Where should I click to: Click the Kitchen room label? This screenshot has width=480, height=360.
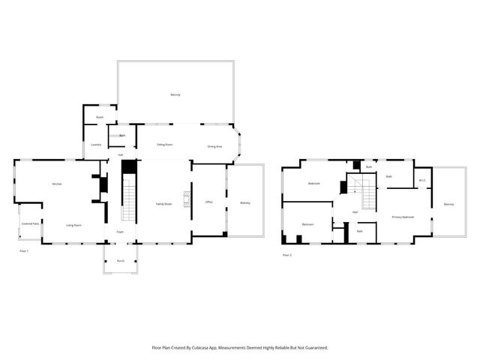(56, 184)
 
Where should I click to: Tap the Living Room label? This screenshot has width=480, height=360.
(73, 225)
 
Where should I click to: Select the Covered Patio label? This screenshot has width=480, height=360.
(30, 223)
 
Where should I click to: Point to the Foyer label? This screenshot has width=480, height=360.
(119, 231)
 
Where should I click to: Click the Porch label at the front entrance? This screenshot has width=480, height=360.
(121, 261)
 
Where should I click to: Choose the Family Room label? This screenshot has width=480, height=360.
(164, 204)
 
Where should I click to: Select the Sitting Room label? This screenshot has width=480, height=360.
(165, 144)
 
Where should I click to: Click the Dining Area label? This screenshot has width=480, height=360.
(214, 146)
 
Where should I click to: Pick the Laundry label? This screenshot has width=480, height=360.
(96, 144)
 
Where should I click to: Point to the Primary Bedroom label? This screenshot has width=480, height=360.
(403, 217)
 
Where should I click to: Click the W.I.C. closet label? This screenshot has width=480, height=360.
(422, 179)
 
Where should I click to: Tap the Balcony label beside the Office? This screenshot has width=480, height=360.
(245, 203)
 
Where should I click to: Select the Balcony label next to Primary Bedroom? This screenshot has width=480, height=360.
(448, 205)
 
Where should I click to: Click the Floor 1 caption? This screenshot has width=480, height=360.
(24, 250)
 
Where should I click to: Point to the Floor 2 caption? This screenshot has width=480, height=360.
(287, 255)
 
